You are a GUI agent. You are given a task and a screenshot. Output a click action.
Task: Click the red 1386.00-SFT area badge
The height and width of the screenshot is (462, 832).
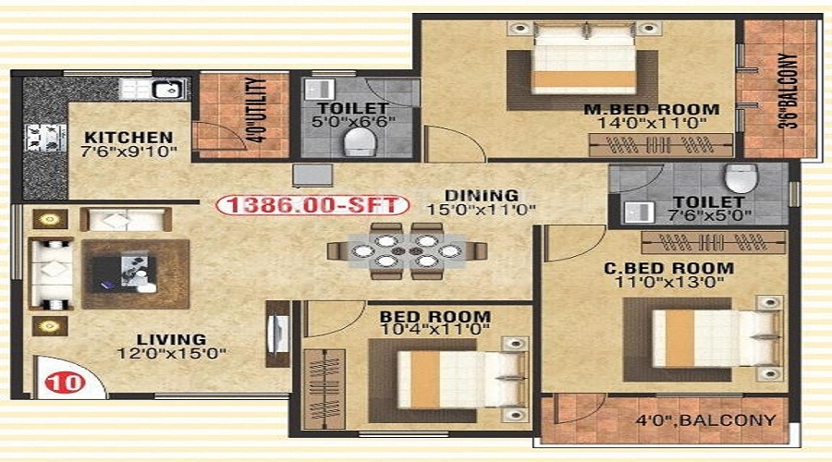click(312, 205)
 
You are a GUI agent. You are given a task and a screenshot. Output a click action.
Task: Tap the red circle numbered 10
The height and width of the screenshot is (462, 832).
click(65, 383)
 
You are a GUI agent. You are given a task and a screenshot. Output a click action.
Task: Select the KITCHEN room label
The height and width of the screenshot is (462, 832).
click(128, 138)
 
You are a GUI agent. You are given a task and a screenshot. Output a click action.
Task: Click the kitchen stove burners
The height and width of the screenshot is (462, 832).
click(46, 138)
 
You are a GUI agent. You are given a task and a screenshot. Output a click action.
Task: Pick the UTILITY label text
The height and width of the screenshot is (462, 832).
click(256, 110)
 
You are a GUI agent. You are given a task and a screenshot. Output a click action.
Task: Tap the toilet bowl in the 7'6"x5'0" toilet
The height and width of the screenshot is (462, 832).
click(740, 178)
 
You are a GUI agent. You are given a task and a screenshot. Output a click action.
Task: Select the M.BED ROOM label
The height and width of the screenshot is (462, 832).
click(652, 110)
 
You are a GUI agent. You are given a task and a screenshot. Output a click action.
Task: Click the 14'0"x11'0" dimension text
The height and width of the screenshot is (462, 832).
click(652, 124)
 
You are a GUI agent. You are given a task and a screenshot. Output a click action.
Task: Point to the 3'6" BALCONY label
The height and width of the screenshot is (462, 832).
click(788, 91)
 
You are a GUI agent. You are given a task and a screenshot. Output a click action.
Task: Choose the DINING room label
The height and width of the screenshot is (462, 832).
click(482, 196)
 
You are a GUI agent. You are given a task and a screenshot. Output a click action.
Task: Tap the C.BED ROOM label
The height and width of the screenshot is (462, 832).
click(669, 268)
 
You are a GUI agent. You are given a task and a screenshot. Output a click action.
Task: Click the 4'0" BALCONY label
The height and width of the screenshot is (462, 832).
click(705, 420)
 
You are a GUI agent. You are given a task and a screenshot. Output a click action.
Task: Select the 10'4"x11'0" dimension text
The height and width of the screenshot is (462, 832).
click(435, 330)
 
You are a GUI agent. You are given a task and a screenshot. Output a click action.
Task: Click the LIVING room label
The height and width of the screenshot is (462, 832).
click(171, 339)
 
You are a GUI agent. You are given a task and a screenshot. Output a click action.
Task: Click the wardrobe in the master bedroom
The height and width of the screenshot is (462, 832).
click(661, 145)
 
